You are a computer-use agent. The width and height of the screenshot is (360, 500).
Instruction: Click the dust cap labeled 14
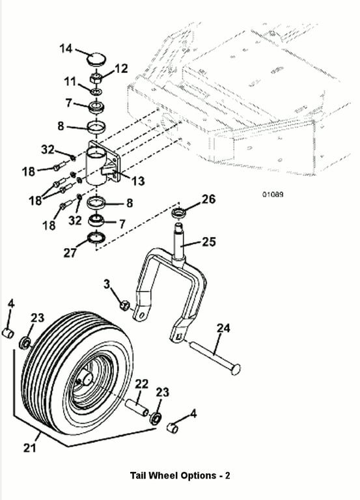tap(96, 59)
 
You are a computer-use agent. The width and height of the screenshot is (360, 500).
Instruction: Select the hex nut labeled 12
tap(96, 78)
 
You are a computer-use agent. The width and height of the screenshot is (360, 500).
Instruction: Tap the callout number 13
tap(138, 181)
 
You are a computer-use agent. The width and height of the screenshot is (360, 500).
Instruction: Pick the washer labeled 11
tap(96, 92)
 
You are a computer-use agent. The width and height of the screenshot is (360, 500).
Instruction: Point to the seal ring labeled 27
tap(96, 238)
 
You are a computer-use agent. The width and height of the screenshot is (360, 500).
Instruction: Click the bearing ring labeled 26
tap(178, 213)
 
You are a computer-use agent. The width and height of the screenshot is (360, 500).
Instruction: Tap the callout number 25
tap(209, 242)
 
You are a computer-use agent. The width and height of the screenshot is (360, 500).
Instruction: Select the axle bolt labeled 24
tap(216, 357)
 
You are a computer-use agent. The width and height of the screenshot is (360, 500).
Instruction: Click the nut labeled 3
tap(124, 305)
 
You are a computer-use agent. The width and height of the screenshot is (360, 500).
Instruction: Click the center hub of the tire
tap(86, 379)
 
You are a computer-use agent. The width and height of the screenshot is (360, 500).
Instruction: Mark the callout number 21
tap(30, 448)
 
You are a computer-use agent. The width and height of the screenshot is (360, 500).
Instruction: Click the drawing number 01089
tap(273, 194)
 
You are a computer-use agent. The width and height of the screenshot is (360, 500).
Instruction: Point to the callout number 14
tap(66, 48)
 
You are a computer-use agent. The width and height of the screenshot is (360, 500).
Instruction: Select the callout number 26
tap(209, 199)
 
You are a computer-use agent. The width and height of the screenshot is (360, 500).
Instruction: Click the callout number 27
tap(70, 253)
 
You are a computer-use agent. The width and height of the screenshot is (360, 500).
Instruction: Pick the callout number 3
tap(107, 284)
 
